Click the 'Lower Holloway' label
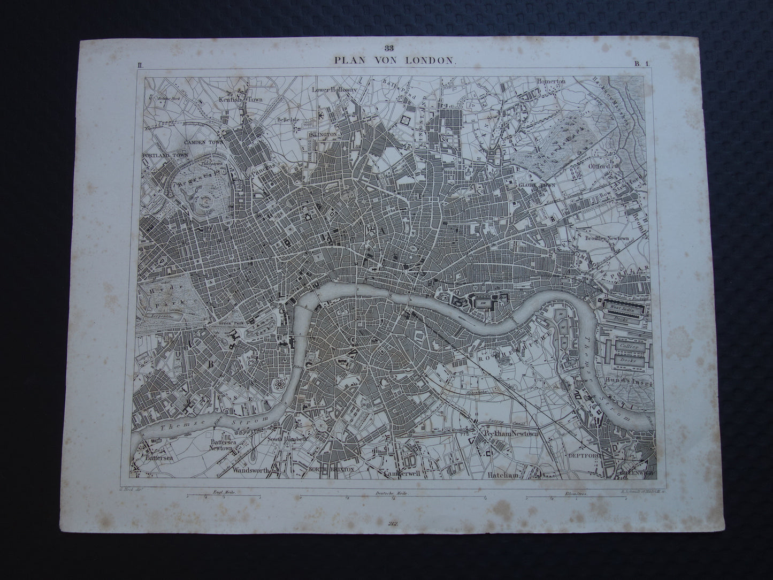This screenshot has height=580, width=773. coord(334,90)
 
